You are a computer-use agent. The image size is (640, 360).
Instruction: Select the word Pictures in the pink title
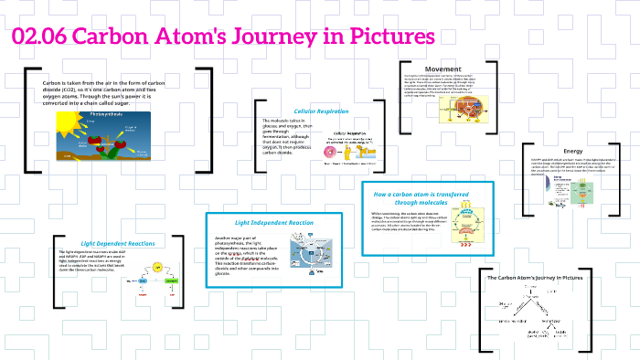tap(389, 37)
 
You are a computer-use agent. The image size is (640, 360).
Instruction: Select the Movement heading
tap(443, 69)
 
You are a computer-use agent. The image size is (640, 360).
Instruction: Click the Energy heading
tap(573, 152)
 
